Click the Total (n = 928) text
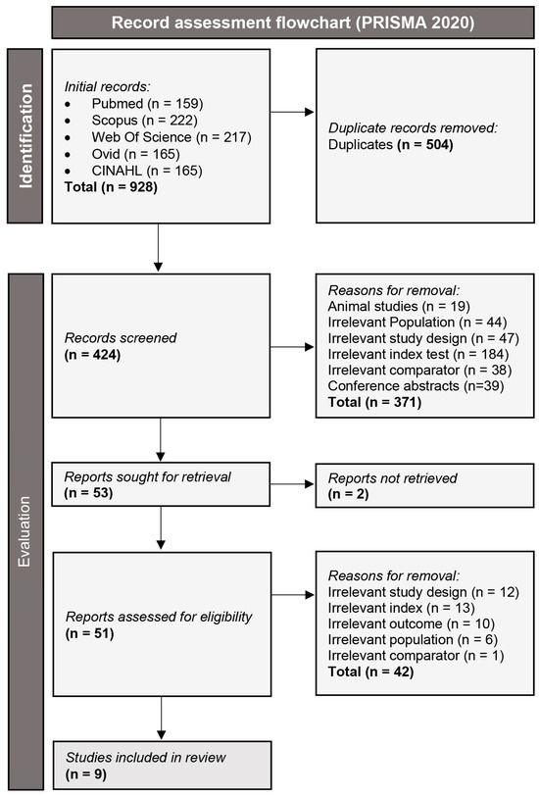108,187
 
